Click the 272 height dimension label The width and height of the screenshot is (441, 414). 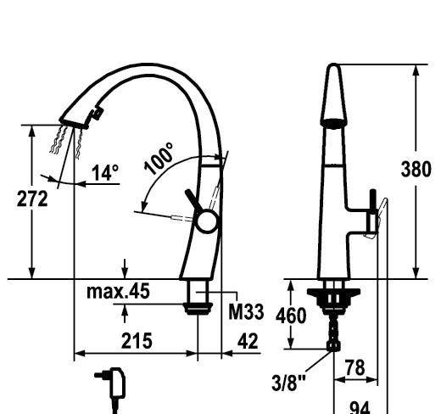click(32, 199)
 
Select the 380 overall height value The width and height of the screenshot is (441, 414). click(416, 170)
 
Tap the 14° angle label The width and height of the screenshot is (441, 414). click(105, 172)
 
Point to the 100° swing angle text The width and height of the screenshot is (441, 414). click(159, 159)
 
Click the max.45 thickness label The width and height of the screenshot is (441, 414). click(118, 291)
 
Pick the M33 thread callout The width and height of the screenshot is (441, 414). click(246, 311)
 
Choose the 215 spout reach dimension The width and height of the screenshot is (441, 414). click(137, 341)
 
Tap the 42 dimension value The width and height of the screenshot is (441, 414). click(248, 341)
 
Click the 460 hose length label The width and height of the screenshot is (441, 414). click(291, 316)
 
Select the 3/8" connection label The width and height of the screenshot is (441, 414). click(288, 383)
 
